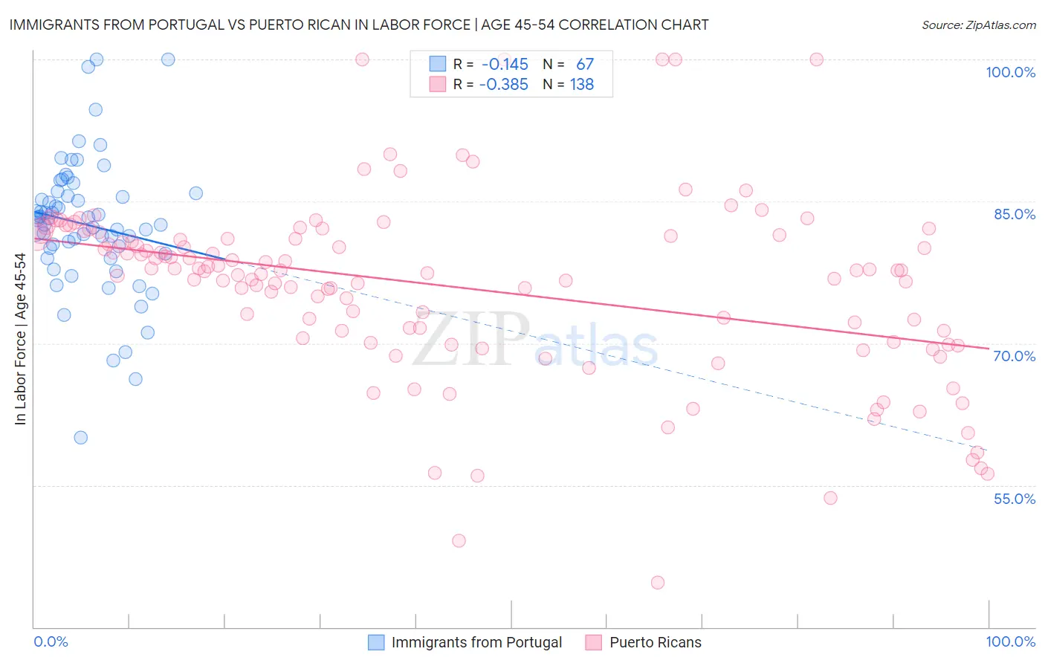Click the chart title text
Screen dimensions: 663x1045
coord(358,25)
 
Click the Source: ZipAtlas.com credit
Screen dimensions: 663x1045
coord(978,25)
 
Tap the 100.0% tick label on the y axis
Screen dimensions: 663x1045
coord(1010,72)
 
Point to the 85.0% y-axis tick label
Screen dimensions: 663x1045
coord(1014,214)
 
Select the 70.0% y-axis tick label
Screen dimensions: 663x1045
coord(1014,356)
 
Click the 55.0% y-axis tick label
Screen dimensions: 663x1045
coord(1014,499)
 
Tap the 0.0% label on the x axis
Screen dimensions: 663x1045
coord(51,641)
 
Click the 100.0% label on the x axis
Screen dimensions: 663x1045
coord(1010,641)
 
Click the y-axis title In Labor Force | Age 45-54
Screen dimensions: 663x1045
coord(20,339)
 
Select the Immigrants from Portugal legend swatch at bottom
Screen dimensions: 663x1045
coord(376,642)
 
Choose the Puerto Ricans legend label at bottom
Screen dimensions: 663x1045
coord(655,642)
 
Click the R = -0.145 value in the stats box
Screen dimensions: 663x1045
coord(504,65)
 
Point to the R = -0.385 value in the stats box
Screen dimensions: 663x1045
coord(504,85)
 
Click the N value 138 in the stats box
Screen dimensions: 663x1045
coord(582,85)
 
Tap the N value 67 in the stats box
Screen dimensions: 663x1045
coord(585,65)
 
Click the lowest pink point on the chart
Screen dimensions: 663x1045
coord(657,583)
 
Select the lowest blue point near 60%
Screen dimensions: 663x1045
coord(80,438)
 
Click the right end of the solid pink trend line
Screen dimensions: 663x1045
coord(989,348)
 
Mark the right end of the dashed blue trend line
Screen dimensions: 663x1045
coord(987,448)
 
